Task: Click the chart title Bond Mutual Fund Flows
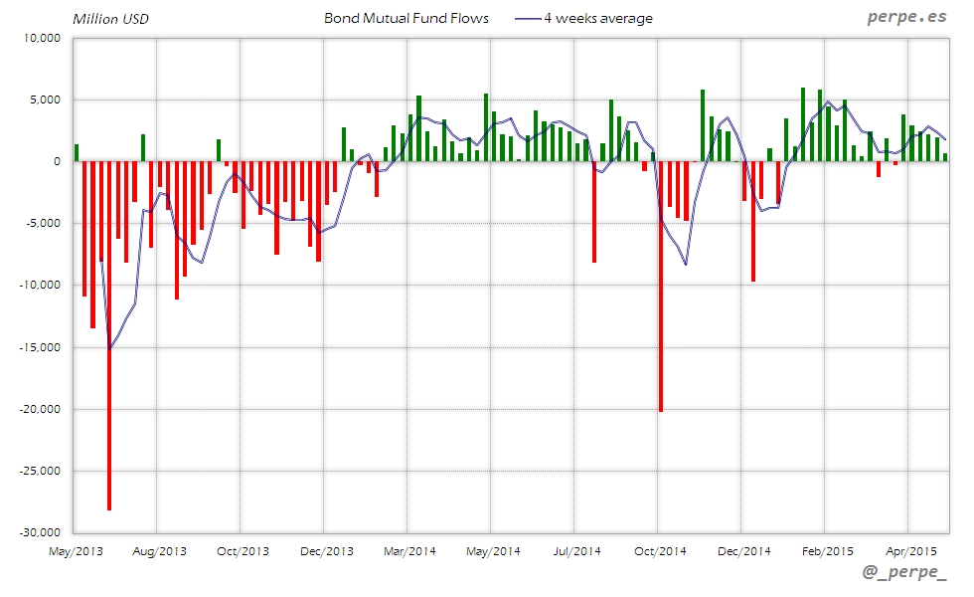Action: point(406,18)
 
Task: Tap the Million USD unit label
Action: point(110,19)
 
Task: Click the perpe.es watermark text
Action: point(905,17)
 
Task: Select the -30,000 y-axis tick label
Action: point(39,532)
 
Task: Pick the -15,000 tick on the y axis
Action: point(39,347)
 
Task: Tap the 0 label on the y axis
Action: point(57,161)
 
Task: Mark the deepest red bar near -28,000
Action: point(109,398)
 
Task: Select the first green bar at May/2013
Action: point(77,152)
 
